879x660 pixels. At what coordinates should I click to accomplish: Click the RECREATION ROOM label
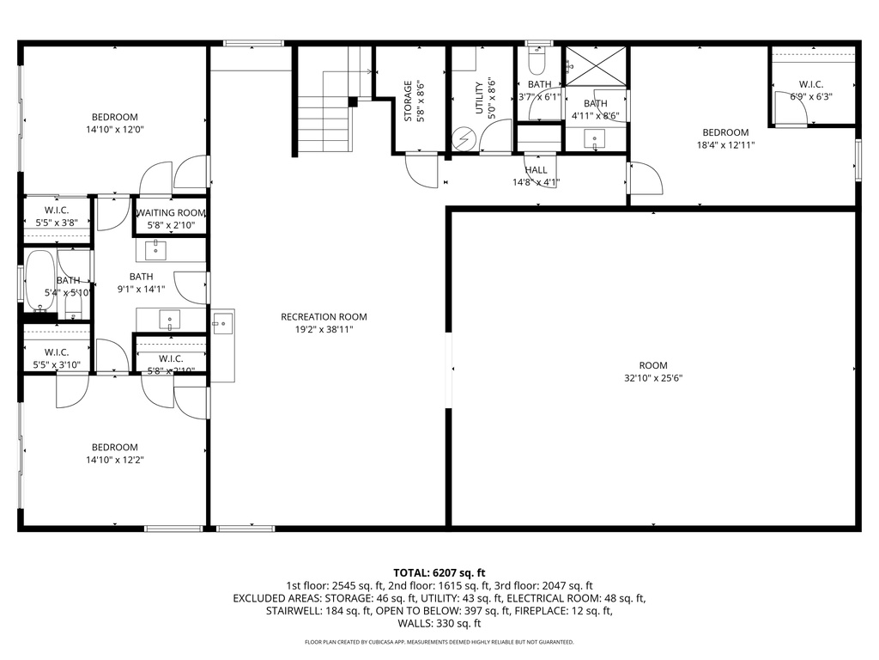point(317,316)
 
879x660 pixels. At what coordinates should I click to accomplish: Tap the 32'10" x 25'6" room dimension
point(652,378)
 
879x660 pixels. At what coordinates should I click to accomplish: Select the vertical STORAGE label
point(408,101)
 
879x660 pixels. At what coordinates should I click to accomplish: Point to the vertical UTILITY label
point(480,97)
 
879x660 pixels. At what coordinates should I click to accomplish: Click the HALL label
point(536,170)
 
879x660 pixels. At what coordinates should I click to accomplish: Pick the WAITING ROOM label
point(170,212)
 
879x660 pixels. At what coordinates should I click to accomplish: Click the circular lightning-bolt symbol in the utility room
point(464,138)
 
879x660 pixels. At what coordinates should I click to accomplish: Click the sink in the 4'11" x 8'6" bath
point(594,138)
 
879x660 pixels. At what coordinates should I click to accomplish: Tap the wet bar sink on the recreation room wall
point(222,323)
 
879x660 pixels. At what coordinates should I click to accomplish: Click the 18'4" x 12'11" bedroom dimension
point(725,144)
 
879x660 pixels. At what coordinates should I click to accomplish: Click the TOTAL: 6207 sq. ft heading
point(439,572)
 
